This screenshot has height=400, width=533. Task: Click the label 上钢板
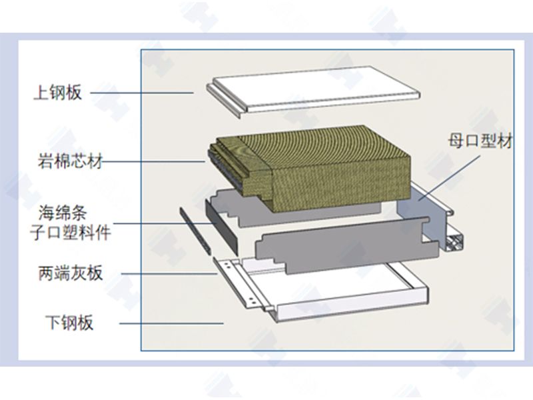coord(58,92)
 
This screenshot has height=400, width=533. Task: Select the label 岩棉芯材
coord(70,161)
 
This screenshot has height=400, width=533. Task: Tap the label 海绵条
coord(63,213)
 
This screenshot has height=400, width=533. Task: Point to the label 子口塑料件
coord(71,233)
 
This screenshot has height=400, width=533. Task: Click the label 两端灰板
coord(71,273)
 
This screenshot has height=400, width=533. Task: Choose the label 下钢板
coord(69,323)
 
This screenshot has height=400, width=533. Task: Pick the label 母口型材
coord(480,141)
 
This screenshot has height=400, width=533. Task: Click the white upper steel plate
coord(312,90)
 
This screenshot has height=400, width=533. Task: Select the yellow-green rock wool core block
coord(310,169)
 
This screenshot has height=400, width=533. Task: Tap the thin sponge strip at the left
coord(195,231)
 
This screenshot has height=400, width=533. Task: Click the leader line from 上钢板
coord(142,93)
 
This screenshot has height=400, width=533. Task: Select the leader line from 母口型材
coord(449,177)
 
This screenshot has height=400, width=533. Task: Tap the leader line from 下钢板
coord(171,323)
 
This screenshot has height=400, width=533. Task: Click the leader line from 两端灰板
coord(169,274)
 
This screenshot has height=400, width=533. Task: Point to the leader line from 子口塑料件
coord(165,223)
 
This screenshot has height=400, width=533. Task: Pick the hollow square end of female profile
coord(454,241)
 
